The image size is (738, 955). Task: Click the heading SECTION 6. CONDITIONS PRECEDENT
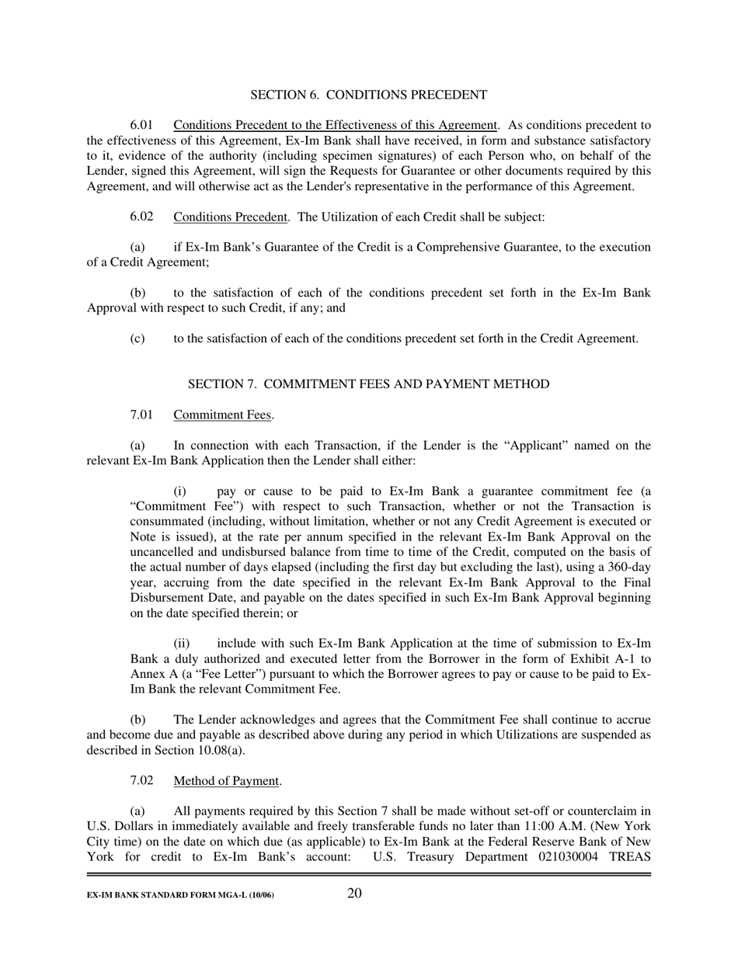[368, 95]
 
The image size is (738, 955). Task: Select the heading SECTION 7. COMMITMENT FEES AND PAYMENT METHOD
[368, 384]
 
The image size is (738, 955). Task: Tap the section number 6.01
[141, 125]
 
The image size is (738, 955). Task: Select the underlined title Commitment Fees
[223, 415]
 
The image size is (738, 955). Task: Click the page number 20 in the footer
[354, 893]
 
